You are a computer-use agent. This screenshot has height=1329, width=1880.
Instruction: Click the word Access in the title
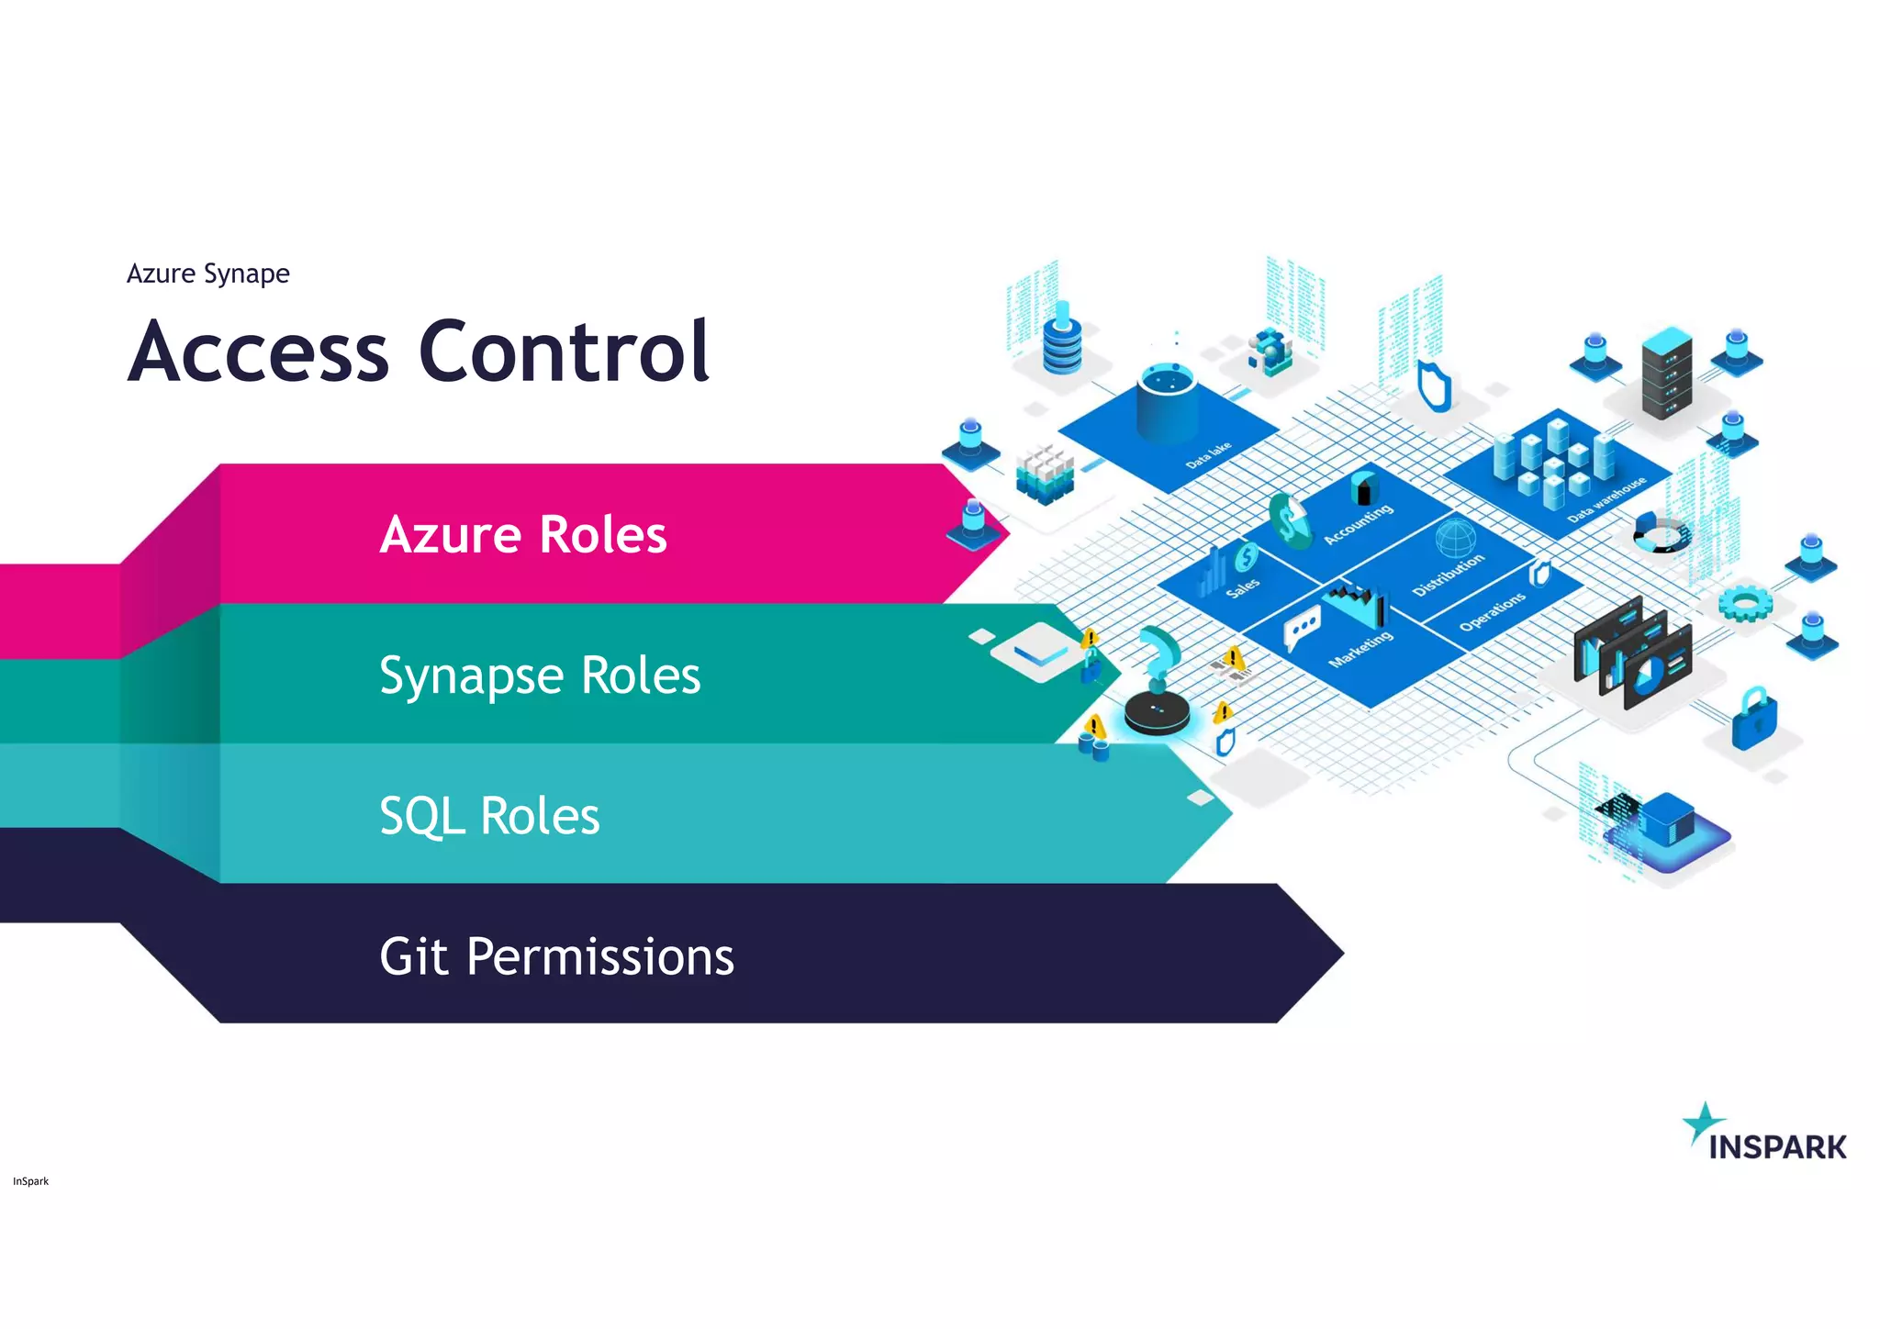click(259, 352)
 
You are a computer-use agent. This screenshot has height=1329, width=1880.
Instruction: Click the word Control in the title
click(564, 352)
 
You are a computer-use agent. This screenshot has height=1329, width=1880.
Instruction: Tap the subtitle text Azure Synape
click(207, 274)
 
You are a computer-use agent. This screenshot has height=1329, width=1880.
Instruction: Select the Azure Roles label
click(523, 534)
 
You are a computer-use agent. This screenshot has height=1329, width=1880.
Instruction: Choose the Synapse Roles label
click(540, 676)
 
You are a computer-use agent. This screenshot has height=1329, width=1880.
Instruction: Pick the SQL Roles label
click(489, 816)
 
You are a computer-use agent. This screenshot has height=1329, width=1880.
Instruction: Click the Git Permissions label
click(556, 956)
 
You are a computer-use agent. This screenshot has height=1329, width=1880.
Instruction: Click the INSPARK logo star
click(1703, 1122)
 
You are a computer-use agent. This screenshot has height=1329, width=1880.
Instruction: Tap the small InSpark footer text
click(30, 1181)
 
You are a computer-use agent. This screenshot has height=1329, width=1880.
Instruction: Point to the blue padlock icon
click(1753, 719)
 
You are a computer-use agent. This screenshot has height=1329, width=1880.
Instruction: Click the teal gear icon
click(1744, 603)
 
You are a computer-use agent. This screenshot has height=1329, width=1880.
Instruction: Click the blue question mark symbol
click(1159, 652)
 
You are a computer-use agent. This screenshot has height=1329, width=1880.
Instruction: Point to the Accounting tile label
click(1358, 524)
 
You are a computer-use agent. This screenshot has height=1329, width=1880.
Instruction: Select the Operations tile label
click(1492, 611)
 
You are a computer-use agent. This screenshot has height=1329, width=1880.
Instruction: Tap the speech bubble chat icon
click(1302, 627)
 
